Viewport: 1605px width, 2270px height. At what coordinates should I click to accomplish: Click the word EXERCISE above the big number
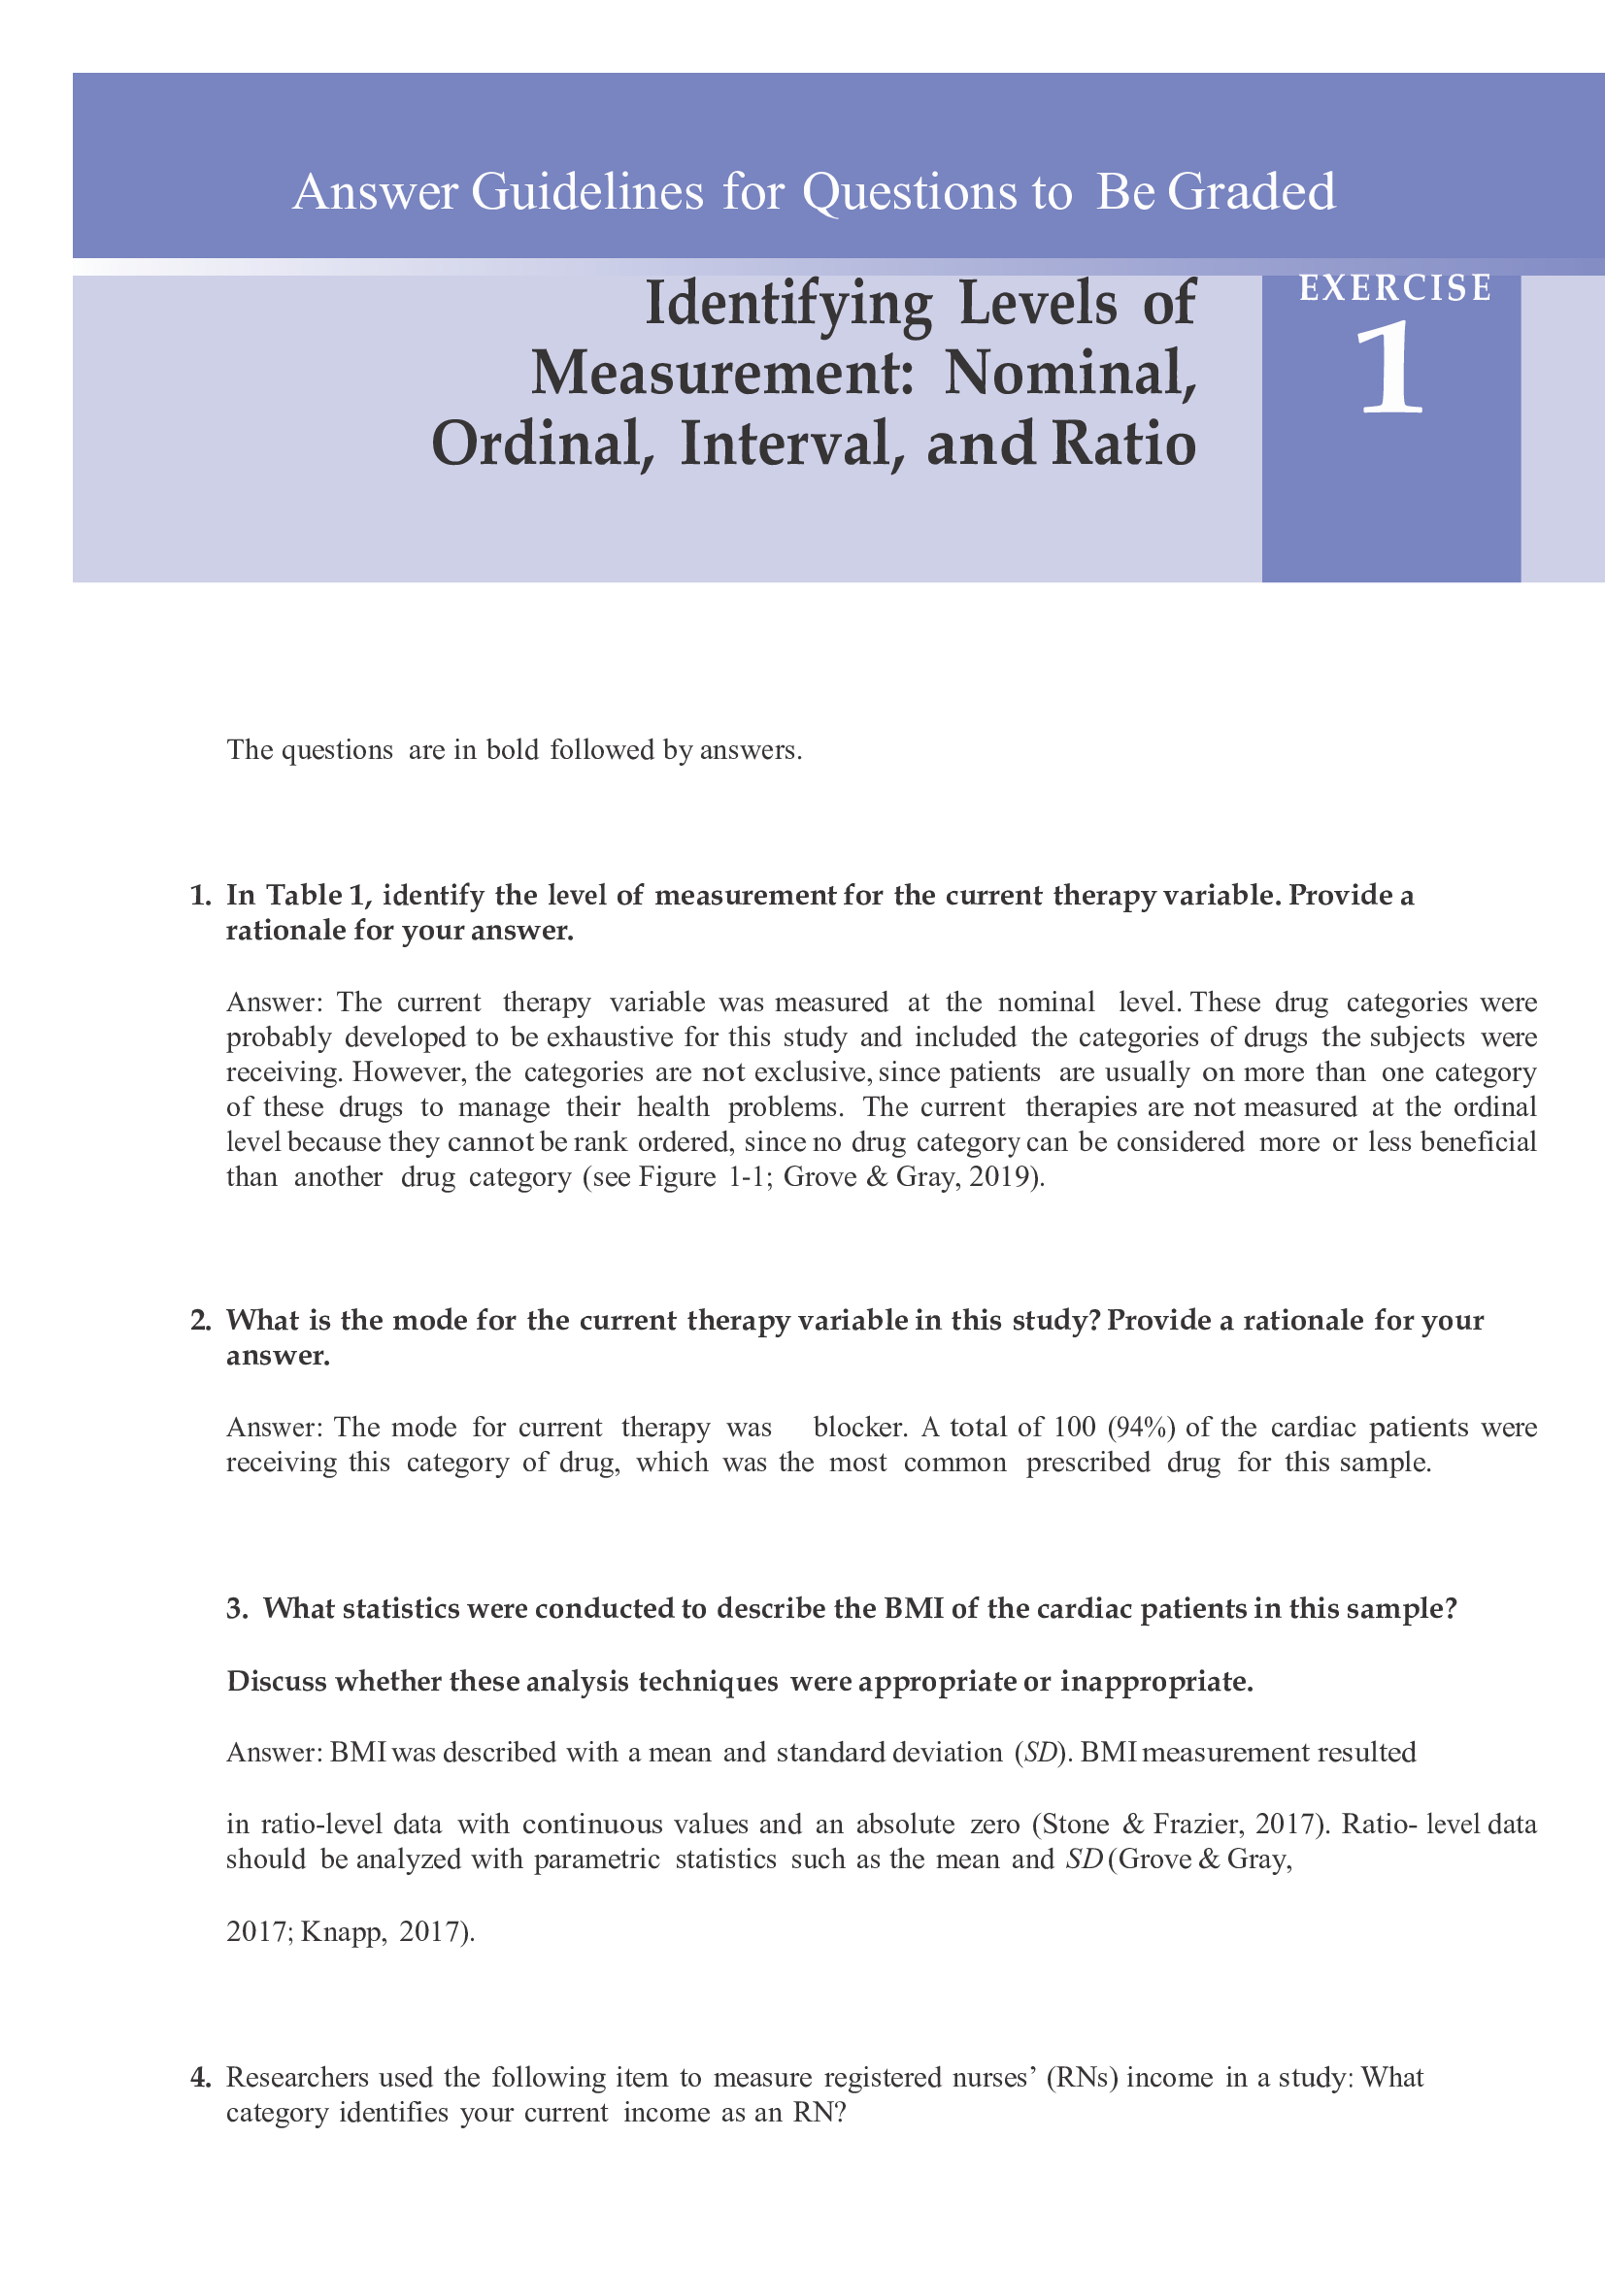pyautogui.click(x=1394, y=287)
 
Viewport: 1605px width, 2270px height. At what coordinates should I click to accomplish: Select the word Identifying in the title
pyautogui.click(x=788, y=305)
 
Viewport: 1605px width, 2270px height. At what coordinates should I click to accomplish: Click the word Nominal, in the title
pyautogui.click(x=1070, y=374)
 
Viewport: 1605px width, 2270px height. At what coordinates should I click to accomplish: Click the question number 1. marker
pyautogui.click(x=201, y=896)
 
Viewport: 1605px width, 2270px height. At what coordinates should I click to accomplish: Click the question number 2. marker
pyautogui.click(x=201, y=1321)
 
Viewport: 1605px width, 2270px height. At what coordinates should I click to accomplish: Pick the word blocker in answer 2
pyautogui.click(x=858, y=1428)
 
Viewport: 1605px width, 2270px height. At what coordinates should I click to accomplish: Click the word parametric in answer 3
pyautogui.click(x=596, y=1859)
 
